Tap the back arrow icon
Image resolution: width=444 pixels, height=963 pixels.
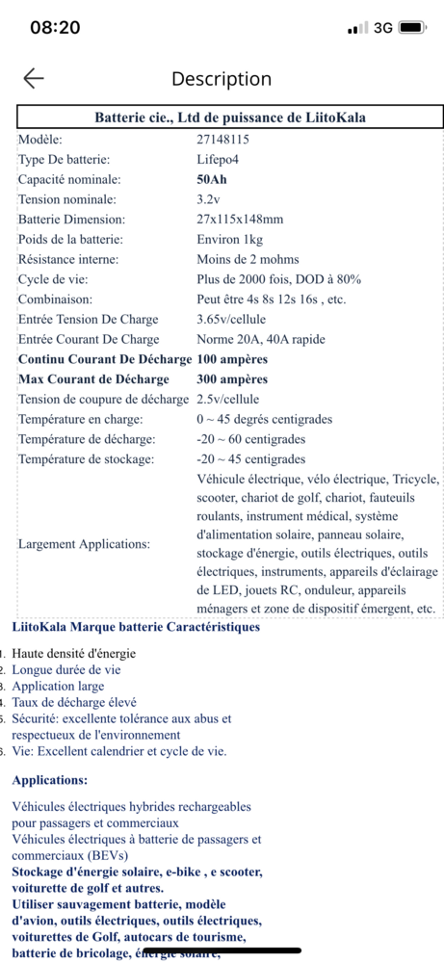tap(34, 79)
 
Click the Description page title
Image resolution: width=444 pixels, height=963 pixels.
tap(222, 79)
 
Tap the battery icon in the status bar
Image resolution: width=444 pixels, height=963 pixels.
tap(412, 28)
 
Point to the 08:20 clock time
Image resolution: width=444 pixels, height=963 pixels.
tap(55, 28)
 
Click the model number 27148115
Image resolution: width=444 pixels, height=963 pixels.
tap(222, 140)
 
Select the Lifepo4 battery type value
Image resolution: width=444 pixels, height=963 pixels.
tap(219, 159)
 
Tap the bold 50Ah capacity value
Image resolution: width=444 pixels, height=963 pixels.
tap(212, 179)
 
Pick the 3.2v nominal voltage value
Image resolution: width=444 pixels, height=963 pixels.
tap(208, 199)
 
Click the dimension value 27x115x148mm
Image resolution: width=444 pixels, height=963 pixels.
tap(240, 219)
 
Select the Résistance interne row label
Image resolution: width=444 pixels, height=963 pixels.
tap(68, 259)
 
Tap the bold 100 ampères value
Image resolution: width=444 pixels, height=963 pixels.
tap(232, 359)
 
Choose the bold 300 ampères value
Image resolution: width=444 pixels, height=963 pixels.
tap(232, 379)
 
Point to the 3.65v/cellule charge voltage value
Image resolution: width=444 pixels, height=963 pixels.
tap(237, 319)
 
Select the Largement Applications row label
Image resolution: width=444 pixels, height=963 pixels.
tap(84, 544)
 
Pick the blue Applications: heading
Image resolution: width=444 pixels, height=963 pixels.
tap(50, 779)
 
